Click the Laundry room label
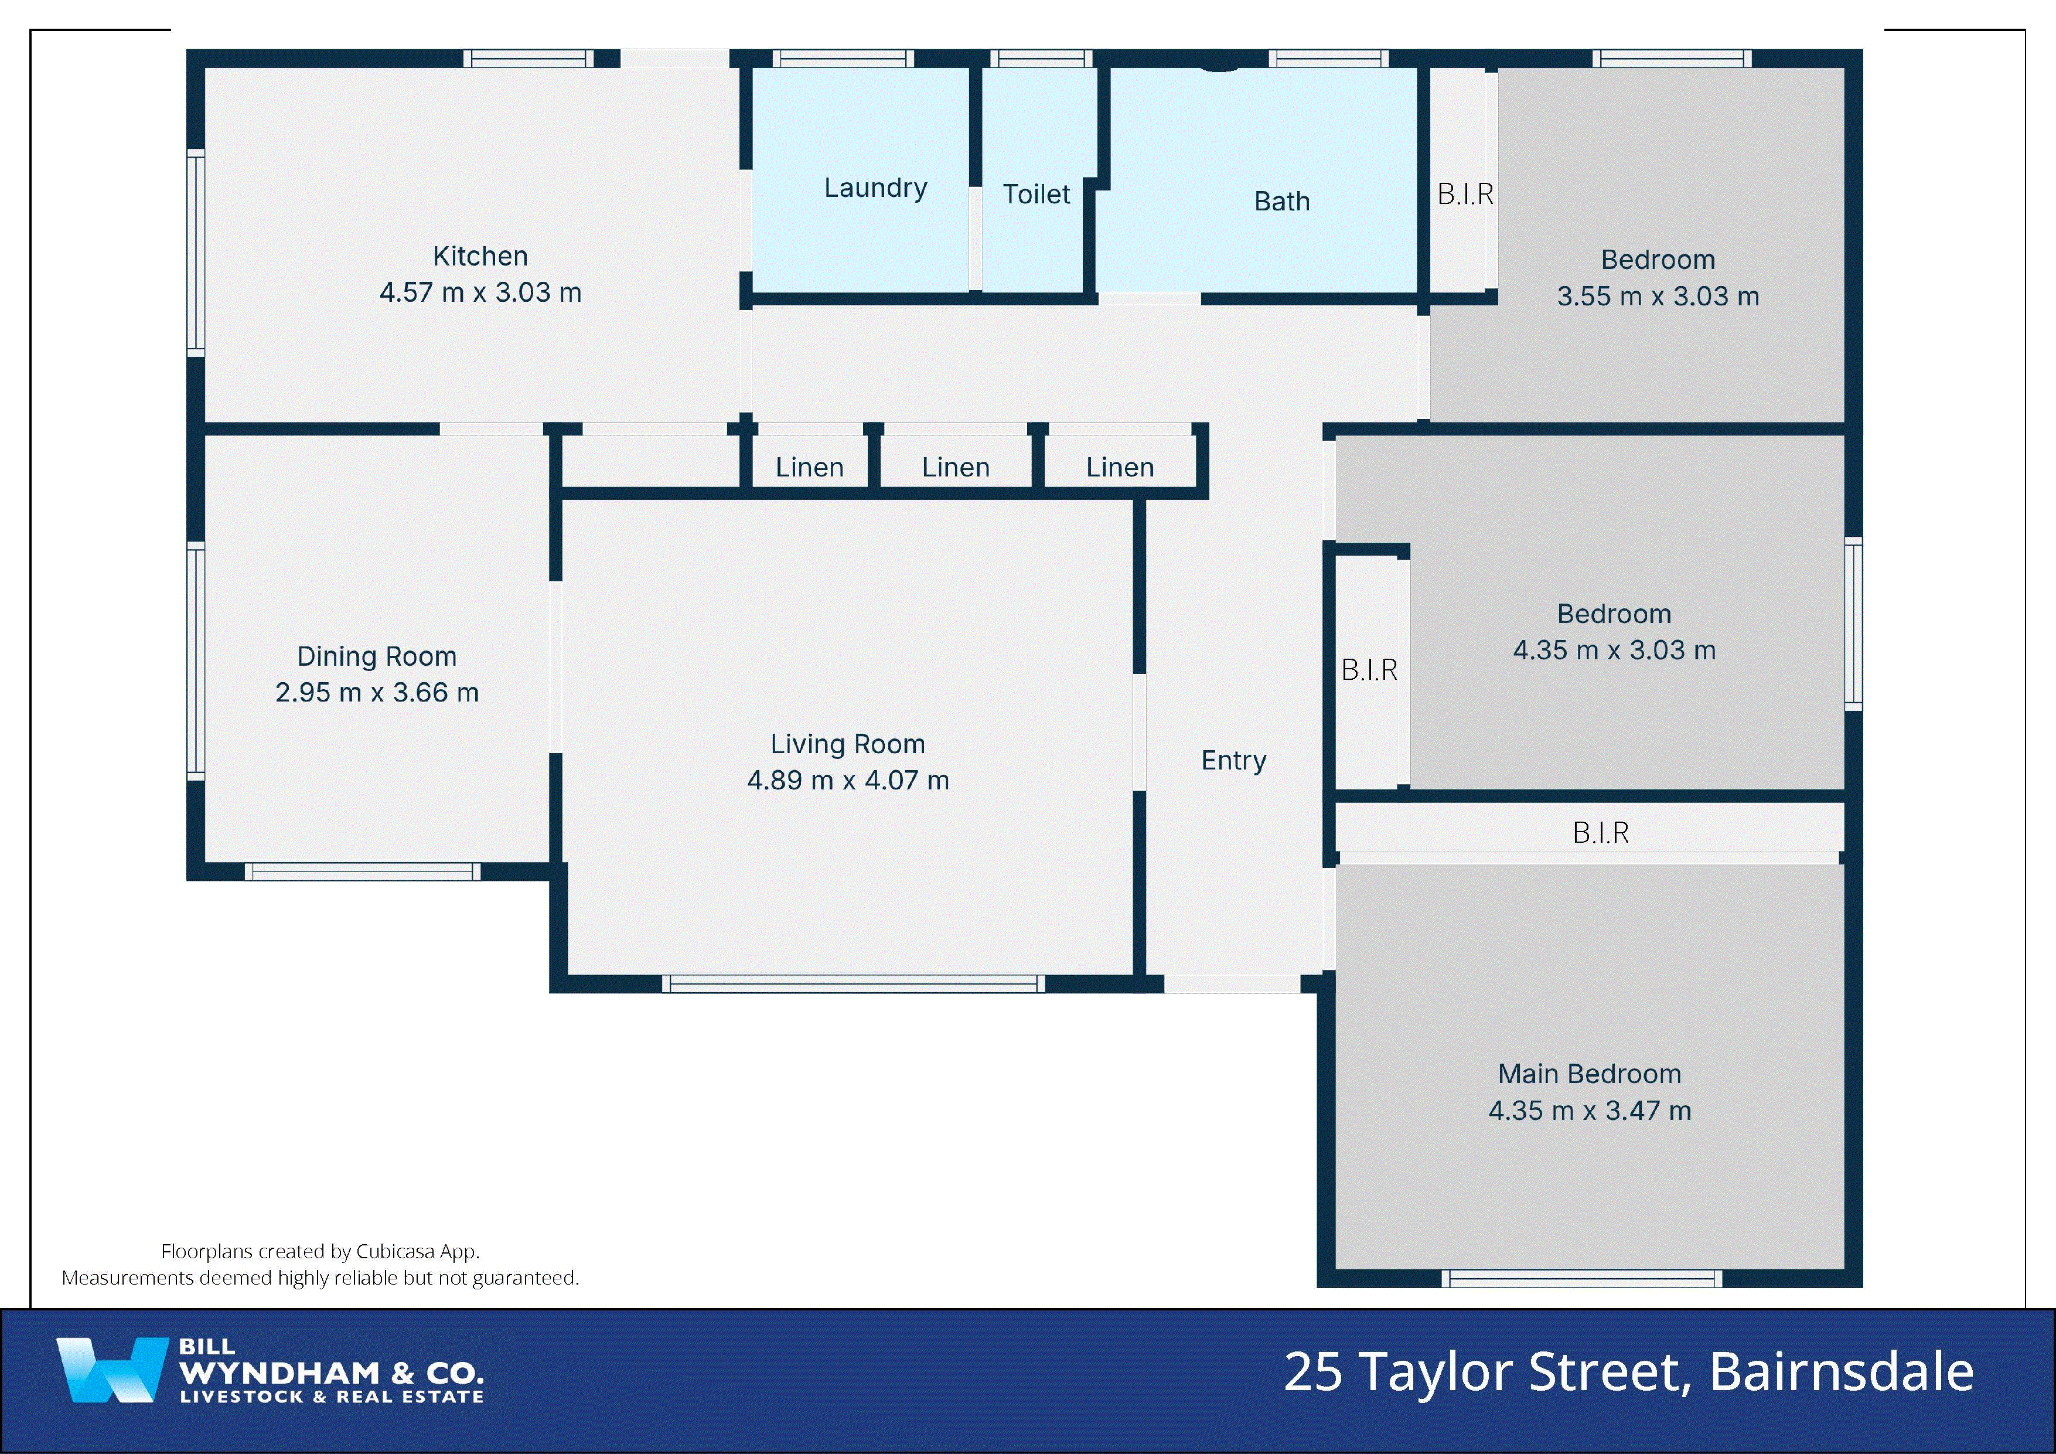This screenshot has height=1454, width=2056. click(875, 188)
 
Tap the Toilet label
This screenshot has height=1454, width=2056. click(1036, 195)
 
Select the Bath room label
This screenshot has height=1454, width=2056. click(1281, 202)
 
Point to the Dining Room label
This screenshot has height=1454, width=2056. click(376, 657)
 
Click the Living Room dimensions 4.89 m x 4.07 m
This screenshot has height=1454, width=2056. click(847, 780)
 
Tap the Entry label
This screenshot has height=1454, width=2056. click(1233, 761)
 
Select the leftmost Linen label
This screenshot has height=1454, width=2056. click(809, 468)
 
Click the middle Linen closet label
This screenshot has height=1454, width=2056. click(956, 468)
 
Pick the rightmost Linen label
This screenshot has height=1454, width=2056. click(1119, 468)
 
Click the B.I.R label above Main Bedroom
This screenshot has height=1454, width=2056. click(1600, 833)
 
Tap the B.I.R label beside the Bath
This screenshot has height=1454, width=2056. click(1465, 195)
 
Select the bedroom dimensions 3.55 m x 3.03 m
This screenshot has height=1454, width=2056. click(1658, 297)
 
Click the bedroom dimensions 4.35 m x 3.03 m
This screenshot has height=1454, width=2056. click(1614, 651)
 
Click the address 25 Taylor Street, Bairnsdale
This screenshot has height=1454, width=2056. click(1628, 1371)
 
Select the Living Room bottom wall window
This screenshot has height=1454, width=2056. click(853, 983)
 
